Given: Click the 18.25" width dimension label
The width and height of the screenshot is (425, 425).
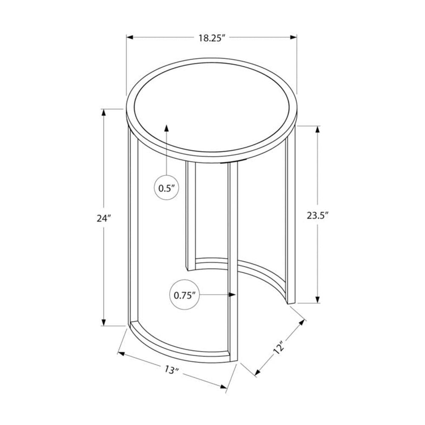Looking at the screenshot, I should pyautogui.click(x=211, y=37).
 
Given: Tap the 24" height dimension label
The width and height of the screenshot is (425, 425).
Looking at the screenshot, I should pyautogui.click(x=103, y=218).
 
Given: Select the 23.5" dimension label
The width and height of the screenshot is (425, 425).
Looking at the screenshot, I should pyautogui.click(x=318, y=215).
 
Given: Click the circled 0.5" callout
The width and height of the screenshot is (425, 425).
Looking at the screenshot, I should pyautogui.click(x=167, y=188).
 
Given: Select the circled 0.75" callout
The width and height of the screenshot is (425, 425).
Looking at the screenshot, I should pyautogui.click(x=185, y=295).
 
